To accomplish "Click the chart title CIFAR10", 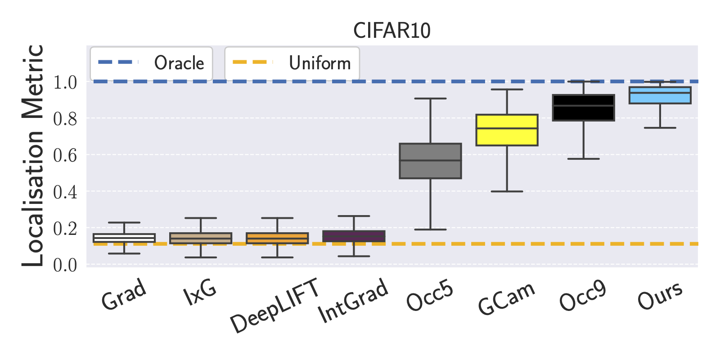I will (391, 31).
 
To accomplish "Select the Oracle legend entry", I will (151, 63).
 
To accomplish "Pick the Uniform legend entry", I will (292, 63).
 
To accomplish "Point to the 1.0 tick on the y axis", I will (65, 82).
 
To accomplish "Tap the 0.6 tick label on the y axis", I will (65, 156).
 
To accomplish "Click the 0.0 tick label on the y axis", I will (65, 265).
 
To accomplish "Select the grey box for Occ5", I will (430, 161).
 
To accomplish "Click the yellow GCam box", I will (507, 130).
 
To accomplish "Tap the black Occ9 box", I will (583, 108).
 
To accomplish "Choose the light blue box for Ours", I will (660, 95).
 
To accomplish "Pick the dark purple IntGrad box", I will (354, 236).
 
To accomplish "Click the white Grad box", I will (124, 238).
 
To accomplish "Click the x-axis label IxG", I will (200, 292).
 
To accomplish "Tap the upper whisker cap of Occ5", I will (430, 99).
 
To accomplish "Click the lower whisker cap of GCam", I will (507, 191).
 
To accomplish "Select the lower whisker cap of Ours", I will (660, 128).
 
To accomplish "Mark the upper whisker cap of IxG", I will (201, 218).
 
